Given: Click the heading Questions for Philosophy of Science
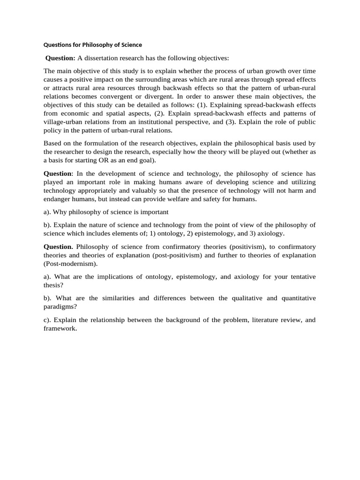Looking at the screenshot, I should [x=92, y=45].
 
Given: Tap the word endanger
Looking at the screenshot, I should [x=59, y=199].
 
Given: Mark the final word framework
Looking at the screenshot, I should [x=60, y=328].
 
